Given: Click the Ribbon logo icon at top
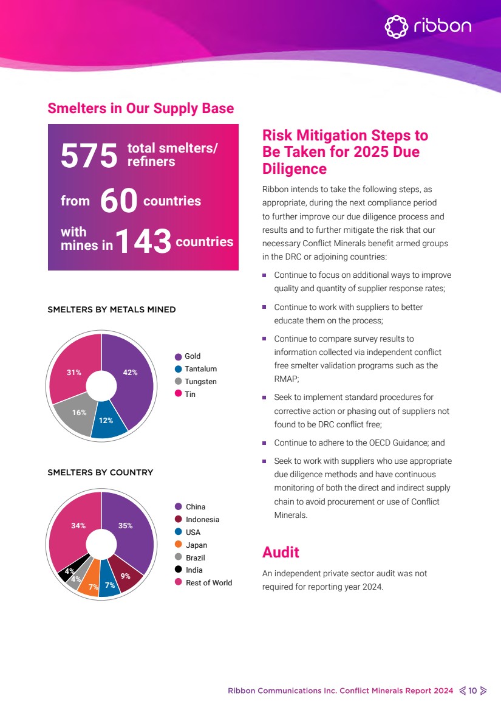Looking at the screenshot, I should click(x=396, y=27).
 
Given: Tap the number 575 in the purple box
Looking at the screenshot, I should click(x=89, y=156).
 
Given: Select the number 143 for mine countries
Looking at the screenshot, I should click(x=143, y=242).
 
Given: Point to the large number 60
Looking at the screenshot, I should click(x=118, y=201).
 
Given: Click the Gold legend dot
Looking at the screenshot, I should click(x=179, y=357).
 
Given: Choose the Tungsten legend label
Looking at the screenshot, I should click(x=200, y=382).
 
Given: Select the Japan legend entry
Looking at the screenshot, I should click(x=196, y=545).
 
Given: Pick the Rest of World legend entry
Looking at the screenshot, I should click(x=208, y=583).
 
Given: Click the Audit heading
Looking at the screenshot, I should click(x=281, y=552).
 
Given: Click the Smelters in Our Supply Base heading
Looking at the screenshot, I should click(x=140, y=108).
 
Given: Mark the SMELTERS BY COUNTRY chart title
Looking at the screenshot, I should click(x=100, y=472).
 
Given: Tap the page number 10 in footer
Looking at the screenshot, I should click(x=472, y=691).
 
